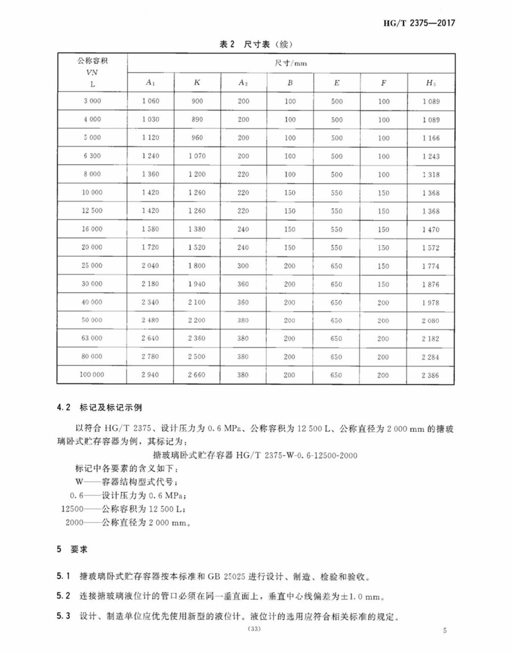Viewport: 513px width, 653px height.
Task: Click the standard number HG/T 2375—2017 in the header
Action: [x=419, y=23]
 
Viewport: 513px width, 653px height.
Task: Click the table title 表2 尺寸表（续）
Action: [x=256, y=44]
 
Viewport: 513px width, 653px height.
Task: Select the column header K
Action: [x=197, y=82]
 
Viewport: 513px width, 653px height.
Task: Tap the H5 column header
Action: [x=430, y=83]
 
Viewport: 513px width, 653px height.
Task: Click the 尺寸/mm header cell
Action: [x=291, y=63]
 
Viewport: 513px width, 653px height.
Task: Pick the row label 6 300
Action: [x=92, y=156]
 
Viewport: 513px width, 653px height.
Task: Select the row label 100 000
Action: [x=92, y=375]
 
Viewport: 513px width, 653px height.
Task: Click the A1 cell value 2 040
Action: [x=150, y=266]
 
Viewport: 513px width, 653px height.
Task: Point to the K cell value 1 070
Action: [x=197, y=156]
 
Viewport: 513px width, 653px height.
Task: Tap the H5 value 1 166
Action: [x=431, y=138]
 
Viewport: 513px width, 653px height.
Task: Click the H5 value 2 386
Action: [x=430, y=375]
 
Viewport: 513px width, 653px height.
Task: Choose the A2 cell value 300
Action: [x=243, y=266]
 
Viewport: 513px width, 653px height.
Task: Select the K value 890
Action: [x=197, y=120]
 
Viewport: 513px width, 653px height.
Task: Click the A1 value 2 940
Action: [x=150, y=375]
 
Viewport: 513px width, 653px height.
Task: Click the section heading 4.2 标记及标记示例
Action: [x=99, y=408]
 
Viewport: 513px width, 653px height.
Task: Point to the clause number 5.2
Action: [x=63, y=596]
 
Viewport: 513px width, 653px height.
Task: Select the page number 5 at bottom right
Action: [x=445, y=630]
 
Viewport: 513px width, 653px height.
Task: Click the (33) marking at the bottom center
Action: [x=254, y=629]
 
